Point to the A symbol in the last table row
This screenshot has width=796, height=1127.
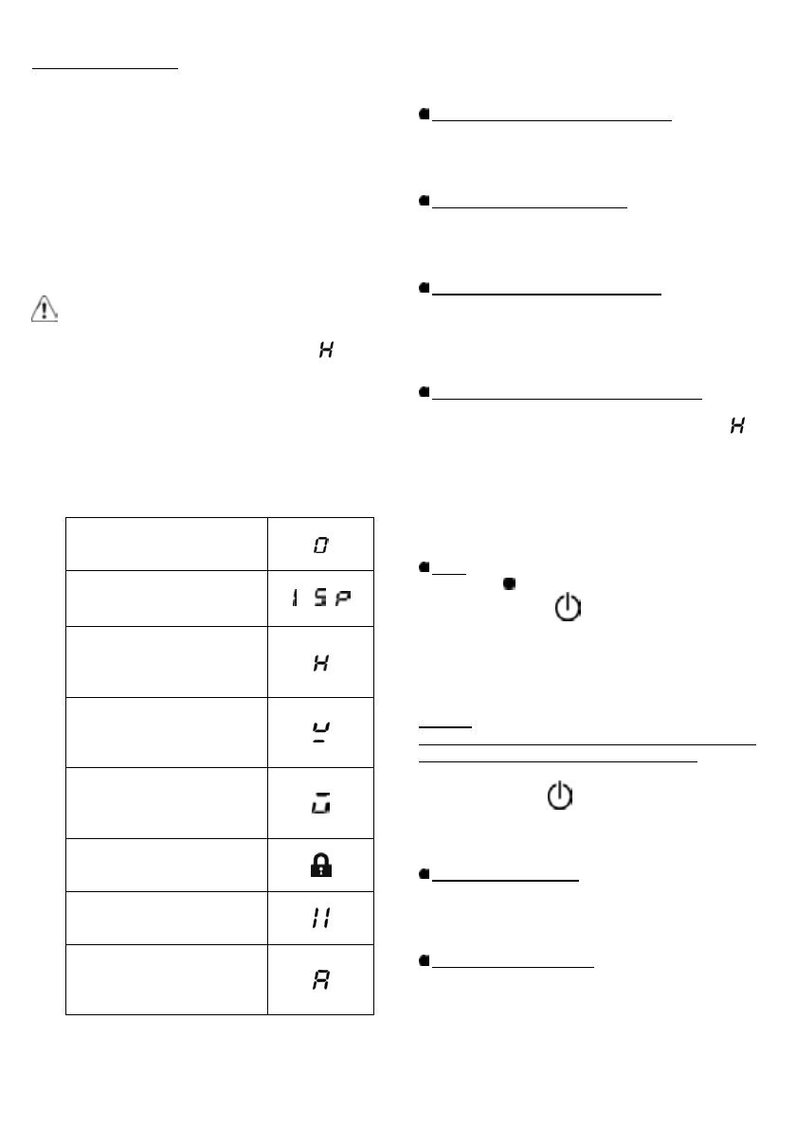coord(321,978)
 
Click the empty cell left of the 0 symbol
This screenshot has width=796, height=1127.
coord(167,544)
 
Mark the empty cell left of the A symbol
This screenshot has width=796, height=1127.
coord(167,978)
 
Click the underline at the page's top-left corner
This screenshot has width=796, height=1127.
coord(105,69)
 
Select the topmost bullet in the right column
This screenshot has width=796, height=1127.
coord(425,114)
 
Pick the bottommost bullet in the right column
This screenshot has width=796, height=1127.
coord(425,960)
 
